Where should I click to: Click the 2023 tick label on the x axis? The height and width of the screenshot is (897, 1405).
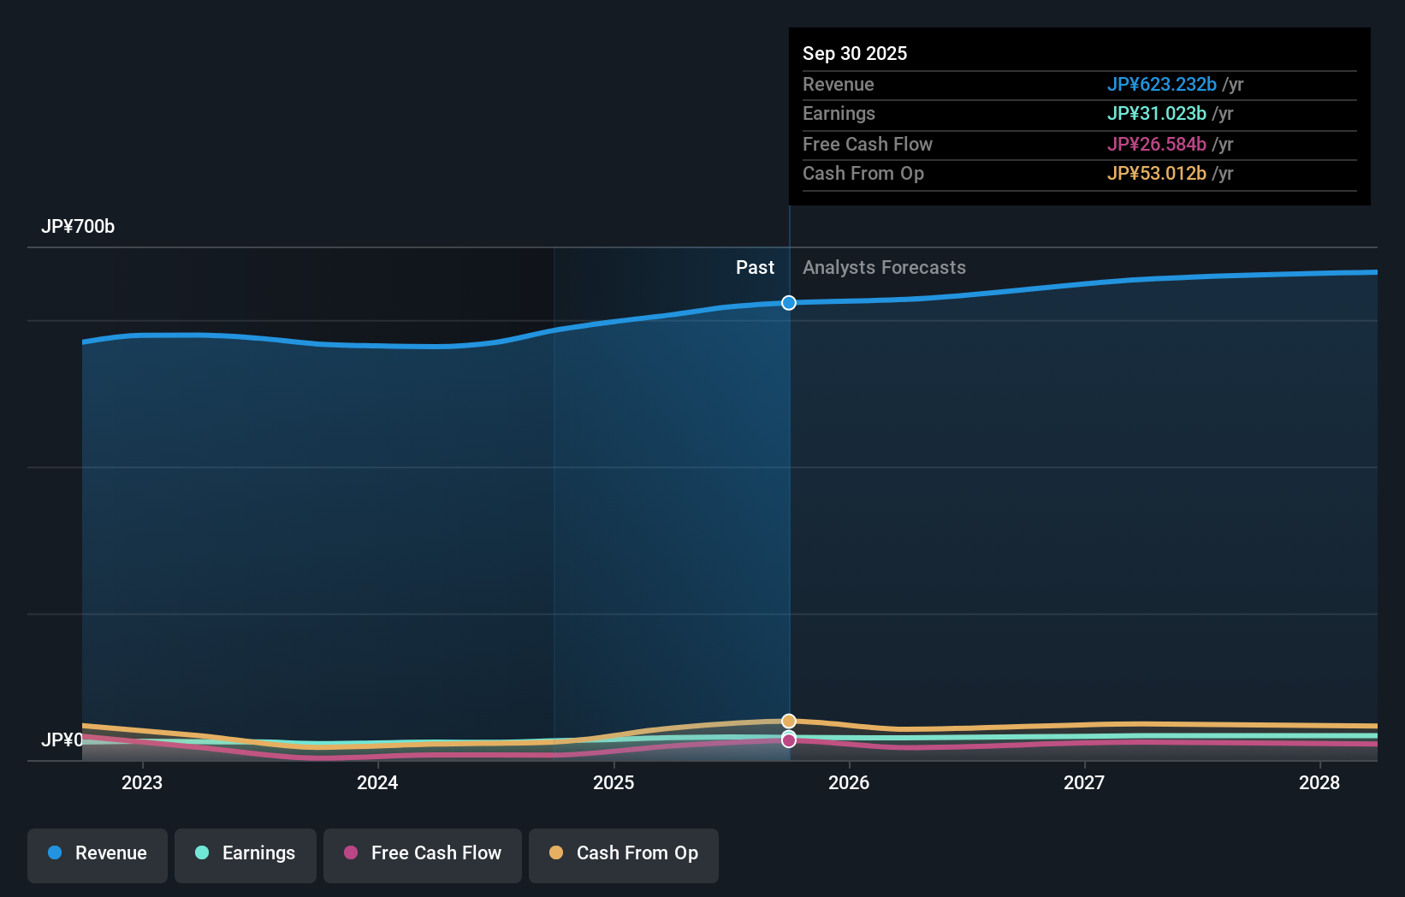tap(142, 782)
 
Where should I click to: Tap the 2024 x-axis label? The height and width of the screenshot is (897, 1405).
tap(377, 782)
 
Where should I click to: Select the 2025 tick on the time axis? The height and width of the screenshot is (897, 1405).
tap(614, 782)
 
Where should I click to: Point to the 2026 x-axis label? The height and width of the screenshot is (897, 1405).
tap(849, 782)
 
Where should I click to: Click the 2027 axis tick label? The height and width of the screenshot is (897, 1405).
tap(1084, 782)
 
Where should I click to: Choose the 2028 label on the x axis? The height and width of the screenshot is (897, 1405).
tap(1319, 782)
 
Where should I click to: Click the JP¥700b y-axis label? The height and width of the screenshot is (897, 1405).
tap(78, 227)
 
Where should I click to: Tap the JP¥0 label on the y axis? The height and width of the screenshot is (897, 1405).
tap(62, 740)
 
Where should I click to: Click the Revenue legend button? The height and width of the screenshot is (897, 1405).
tap(98, 853)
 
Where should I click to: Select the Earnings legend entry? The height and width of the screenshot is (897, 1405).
tap(246, 853)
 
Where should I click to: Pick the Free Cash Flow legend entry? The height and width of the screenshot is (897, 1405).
tap(423, 853)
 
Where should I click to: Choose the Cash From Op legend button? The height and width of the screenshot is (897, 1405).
tap(624, 853)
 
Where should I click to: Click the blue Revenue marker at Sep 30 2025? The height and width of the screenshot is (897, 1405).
tap(789, 303)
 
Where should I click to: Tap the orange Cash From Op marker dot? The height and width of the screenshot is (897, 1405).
tap(789, 721)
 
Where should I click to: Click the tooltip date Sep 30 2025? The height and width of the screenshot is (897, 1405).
tap(855, 54)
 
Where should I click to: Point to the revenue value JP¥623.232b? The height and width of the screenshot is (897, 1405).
tap(1161, 85)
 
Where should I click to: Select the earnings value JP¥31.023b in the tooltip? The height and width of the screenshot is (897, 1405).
tap(1156, 114)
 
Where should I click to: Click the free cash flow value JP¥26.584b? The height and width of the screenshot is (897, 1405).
tap(1156, 145)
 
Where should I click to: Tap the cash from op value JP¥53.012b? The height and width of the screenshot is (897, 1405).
tap(1156, 174)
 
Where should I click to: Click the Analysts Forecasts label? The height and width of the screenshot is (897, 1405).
tap(884, 268)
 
